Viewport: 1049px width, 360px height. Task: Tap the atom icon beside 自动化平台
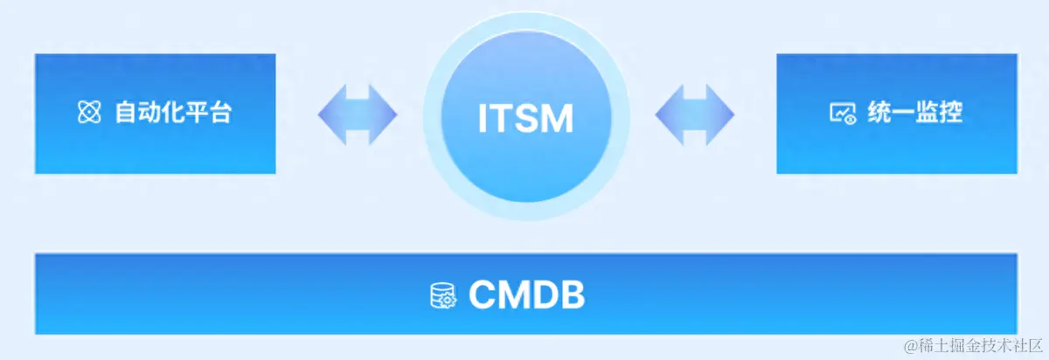[x=89, y=113]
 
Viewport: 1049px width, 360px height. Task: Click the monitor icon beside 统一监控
[x=842, y=113]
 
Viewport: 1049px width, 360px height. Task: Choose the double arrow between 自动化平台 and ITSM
[x=357, y=114]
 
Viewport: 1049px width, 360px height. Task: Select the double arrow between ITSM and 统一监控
[x=694, y=114]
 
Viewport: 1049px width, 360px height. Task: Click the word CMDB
[x=526, y=294]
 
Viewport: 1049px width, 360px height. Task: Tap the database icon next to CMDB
[x=442, y=295]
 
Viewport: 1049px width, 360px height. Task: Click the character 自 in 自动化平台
[x=125, y=113]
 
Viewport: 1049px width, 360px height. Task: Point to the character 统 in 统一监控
[x=879, y=113]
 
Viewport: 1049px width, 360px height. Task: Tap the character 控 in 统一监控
[x=950, y=113]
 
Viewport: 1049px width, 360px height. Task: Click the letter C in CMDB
[x=482, y=294]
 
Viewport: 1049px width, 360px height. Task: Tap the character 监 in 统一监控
[x=927, y=113]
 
